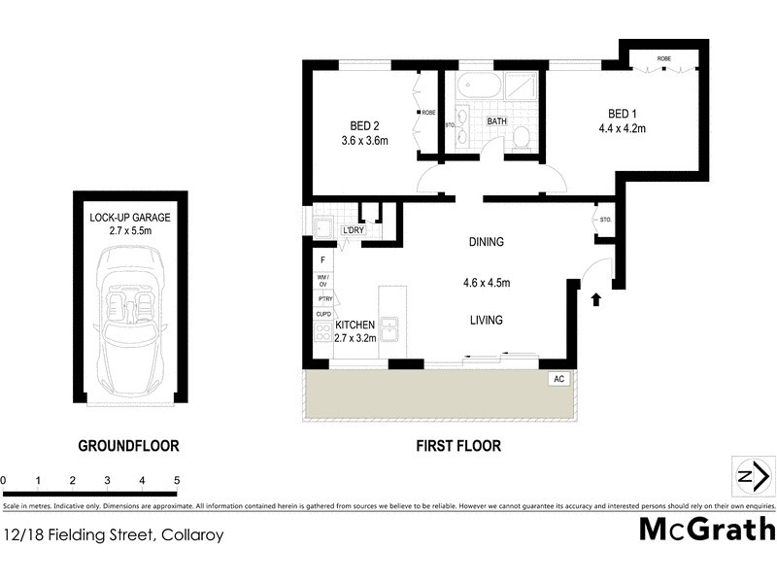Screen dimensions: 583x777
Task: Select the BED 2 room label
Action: point(364,124)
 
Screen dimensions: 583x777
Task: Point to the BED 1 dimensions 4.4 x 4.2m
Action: point(622,128)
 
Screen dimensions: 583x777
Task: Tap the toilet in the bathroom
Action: point(522,135)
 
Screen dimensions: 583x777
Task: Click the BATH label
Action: point(496,121)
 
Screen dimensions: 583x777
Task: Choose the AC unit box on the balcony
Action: point(558,379)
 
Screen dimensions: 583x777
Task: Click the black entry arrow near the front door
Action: point(596,299)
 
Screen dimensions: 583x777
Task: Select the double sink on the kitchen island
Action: point(392,329)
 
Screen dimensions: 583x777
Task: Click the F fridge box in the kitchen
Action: point(322,261)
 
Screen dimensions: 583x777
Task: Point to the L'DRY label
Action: point(355,230)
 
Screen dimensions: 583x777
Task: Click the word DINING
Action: point(486,242)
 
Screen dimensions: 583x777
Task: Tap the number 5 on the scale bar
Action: point(177,480)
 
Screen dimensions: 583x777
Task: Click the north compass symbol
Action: point(752,476)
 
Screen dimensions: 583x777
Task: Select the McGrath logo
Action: point(707,530)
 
